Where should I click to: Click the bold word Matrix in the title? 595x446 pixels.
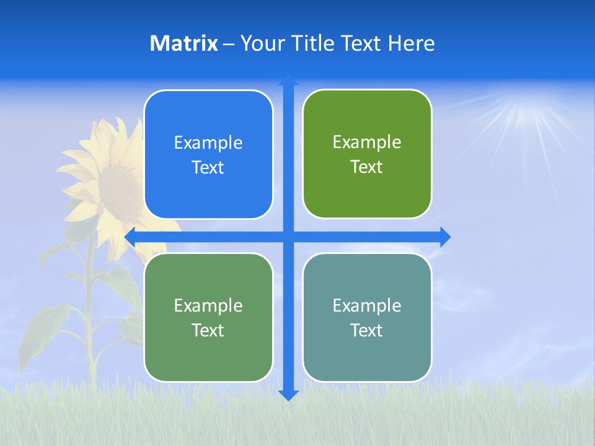(x=184, y=43)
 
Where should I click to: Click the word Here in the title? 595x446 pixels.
(x=411, y=43)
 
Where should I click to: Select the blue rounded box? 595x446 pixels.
(x=208, y=154)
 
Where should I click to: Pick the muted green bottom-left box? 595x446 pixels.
(x=208, y=317)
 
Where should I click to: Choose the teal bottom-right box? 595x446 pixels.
(x=367, y=317)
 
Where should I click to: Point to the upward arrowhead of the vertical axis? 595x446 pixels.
(x=288, y=81)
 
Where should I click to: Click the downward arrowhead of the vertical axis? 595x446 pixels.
(x=288, y=394)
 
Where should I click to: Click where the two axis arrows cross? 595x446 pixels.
(x=288, y=237)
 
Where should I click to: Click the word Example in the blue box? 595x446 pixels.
(x=208, y=142)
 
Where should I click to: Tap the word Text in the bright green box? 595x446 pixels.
(x=367, y=167)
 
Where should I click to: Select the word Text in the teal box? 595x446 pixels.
(x=367, y=330)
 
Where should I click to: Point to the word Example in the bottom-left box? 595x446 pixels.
(x=208, y=305)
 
